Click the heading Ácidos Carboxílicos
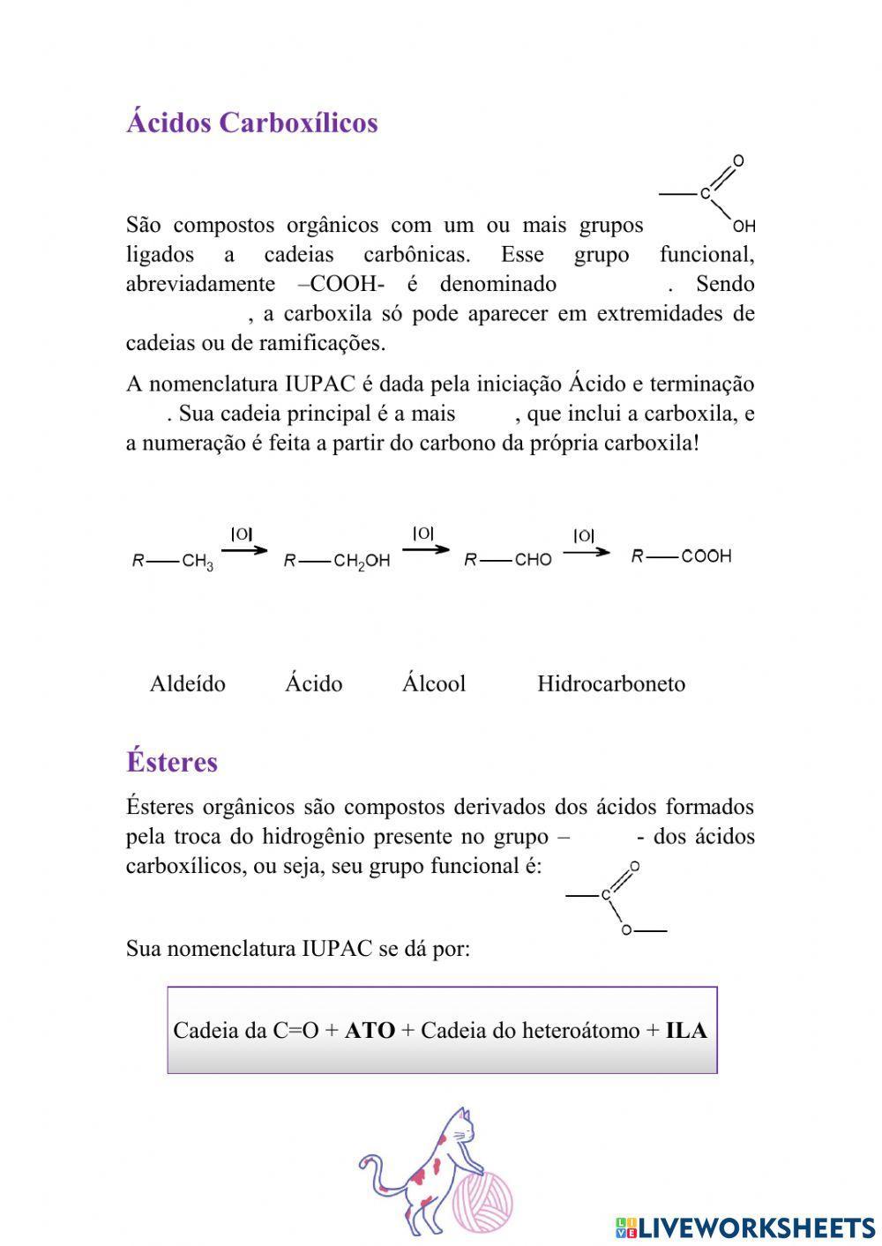click(251, 123)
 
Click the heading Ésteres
click(171, 762)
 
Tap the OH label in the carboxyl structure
click(744, 227)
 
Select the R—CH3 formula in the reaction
click(172, 561)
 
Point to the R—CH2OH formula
click(336, 561)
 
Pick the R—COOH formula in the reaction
click(681, 556)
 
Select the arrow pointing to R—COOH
click(586, 552)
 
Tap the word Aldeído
click(188, 683)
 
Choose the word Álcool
click(434, 683)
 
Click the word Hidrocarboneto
click(611, 683)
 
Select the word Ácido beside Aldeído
click(313, 683)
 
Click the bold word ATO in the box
click(370, 1030)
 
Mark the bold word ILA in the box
click(686, 1030)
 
